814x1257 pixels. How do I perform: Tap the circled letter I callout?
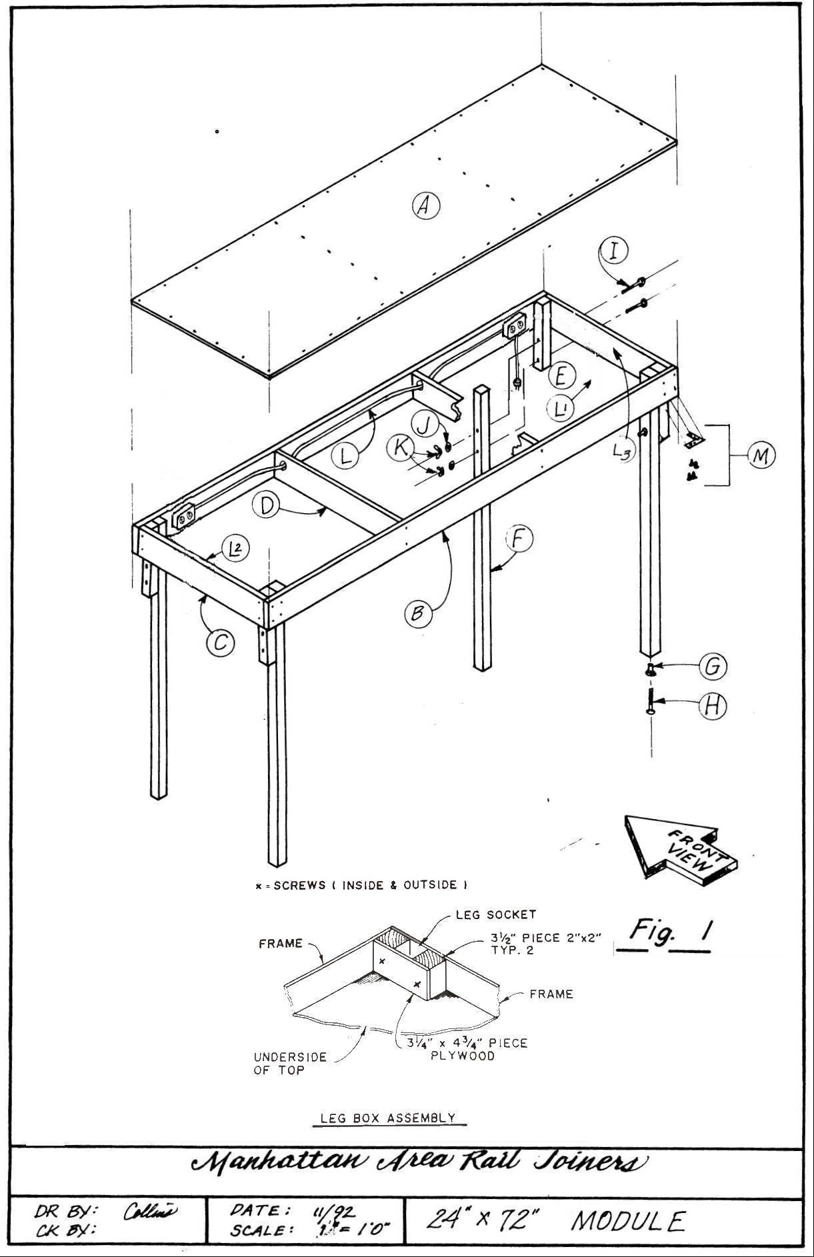[615, 251]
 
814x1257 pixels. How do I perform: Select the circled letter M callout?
[761, 455]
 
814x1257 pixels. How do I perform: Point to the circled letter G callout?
[712, 666]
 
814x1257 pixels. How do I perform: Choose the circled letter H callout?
[712, 706]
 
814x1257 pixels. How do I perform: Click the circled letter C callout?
[221, 642]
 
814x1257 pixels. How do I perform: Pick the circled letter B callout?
[417, 613]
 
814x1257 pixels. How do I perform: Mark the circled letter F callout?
[519, 539]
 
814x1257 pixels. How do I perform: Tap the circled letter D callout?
[267, 506]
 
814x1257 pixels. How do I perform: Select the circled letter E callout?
[562, 376]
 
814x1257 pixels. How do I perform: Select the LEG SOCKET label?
[495, 915]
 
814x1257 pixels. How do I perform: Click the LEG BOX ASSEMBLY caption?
[388, 1118]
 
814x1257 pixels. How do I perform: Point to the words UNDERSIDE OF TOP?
[290, 1063]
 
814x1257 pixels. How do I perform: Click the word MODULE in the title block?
[627, 1220]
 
